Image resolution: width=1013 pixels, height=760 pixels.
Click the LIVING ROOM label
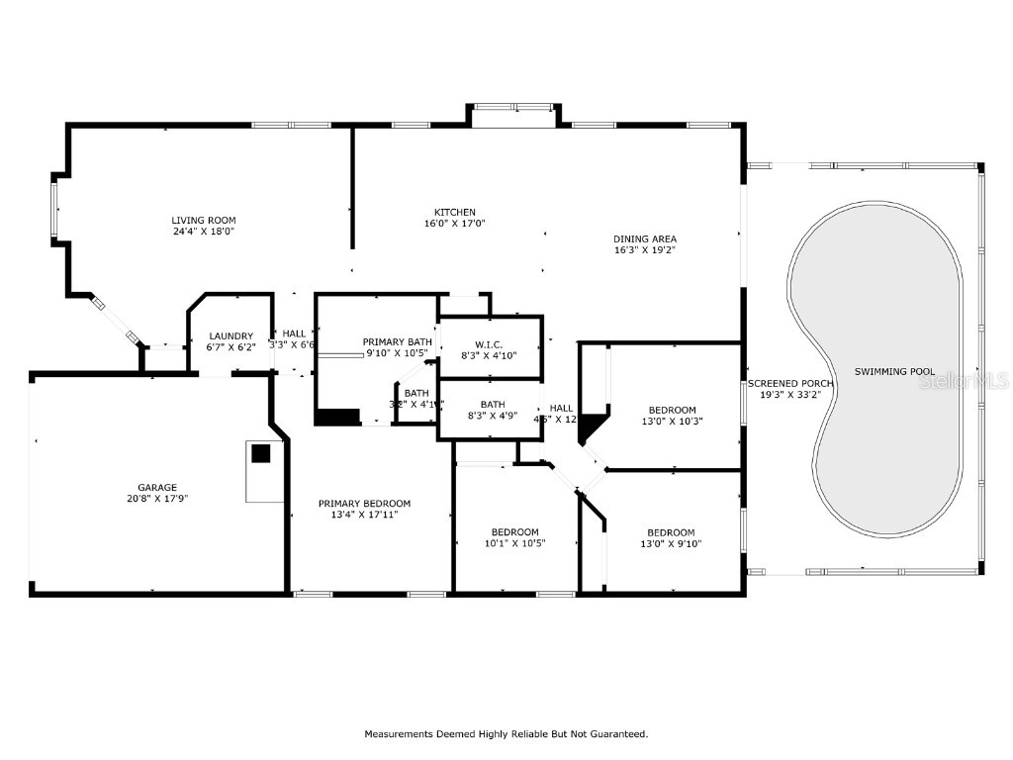coord(204,221)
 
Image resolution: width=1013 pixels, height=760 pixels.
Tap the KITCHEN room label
coord(455,212)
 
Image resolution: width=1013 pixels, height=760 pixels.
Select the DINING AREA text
coord(645,238)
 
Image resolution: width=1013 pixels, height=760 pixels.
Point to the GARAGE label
coord(157,487)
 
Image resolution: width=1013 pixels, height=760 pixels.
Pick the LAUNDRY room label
coord(230,335)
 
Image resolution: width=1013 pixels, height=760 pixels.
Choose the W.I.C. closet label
coord(490,344)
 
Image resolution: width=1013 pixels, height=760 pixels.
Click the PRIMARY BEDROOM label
coord(364,504)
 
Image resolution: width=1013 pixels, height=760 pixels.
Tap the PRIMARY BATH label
coord(398,341)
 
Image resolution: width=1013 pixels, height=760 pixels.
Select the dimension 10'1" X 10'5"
coord(514,543)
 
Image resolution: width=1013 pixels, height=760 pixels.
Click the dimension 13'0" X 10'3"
coord(672,422)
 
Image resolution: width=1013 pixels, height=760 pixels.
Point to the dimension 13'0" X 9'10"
coord(671,543)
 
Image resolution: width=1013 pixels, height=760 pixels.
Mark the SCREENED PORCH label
coord(790,383)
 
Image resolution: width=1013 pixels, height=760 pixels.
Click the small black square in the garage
coord(260,453)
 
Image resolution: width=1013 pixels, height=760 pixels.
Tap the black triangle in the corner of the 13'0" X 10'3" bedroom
coord(590,427)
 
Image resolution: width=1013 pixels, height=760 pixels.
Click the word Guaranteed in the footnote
coord(616,734)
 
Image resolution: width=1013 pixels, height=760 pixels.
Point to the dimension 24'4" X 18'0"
coord(204,232)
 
